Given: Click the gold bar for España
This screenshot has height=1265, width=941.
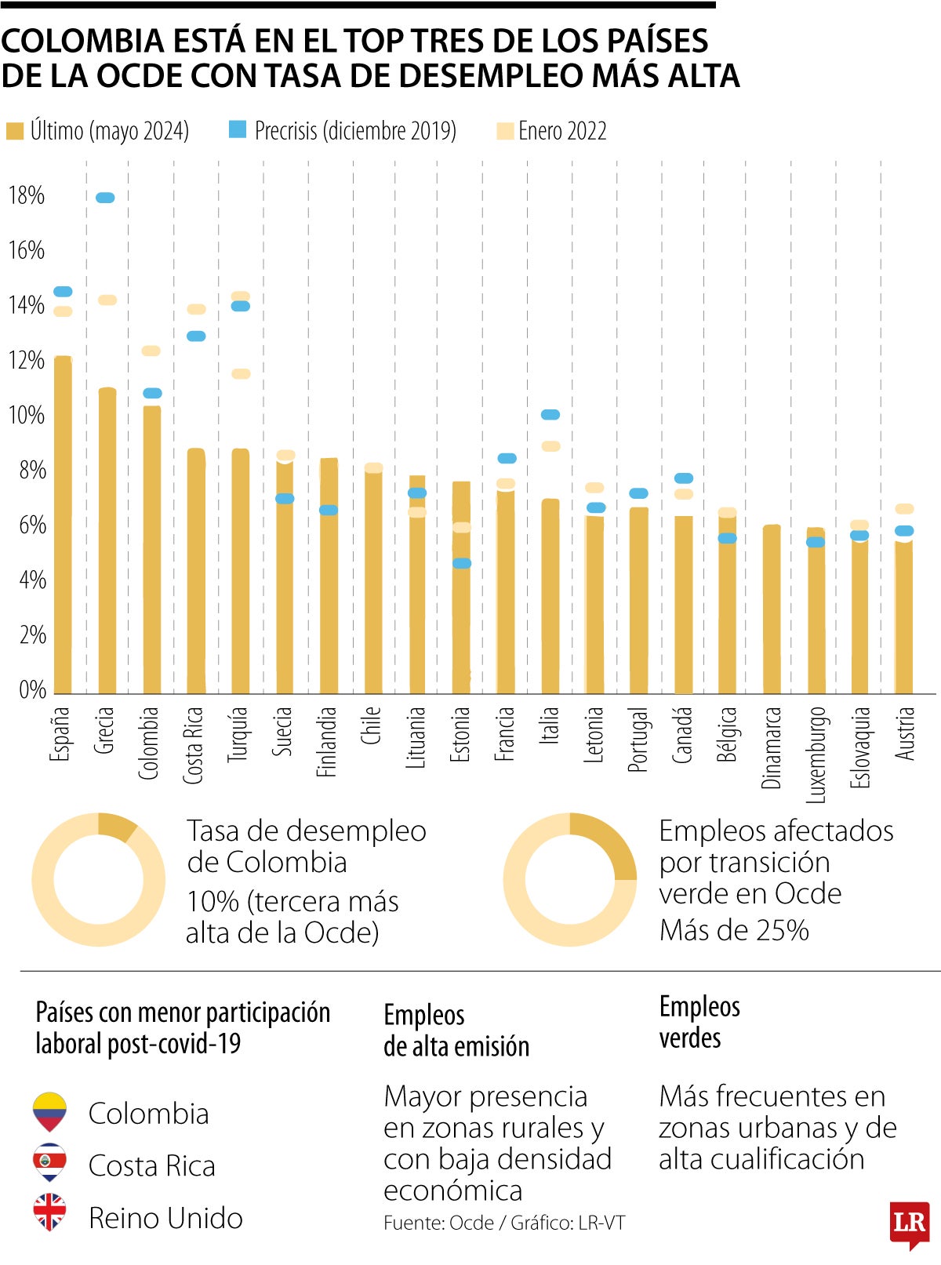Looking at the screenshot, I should pos(63,525).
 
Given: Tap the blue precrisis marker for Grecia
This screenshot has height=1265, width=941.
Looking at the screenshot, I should pos(105,198).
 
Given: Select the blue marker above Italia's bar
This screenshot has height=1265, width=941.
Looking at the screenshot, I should pos(550,414).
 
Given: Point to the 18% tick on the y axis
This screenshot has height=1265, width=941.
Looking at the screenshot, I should pos(26,195).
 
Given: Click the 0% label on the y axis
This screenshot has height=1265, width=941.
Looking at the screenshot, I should pos(32,690).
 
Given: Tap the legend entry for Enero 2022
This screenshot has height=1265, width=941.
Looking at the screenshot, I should pos(552,131).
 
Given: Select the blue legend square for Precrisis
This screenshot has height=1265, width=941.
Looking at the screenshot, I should pos(238,129).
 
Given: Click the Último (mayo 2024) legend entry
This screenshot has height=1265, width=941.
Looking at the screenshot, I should pos(98,131).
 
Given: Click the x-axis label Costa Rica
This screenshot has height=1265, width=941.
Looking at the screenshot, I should pos(194,745).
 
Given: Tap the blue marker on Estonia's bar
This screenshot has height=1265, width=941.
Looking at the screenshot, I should pos(462,563).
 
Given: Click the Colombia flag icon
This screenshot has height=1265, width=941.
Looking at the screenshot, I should pos(49,1112).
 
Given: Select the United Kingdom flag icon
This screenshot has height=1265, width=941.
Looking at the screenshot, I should pos(49,1212).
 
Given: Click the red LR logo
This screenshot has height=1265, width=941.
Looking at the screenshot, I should pos(909,1223).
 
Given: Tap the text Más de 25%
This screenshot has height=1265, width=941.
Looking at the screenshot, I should pos(734,930).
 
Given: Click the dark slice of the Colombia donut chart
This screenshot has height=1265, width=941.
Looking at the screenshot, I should pos(117,827).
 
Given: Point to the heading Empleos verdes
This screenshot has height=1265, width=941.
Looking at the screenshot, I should pos(699,1022).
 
